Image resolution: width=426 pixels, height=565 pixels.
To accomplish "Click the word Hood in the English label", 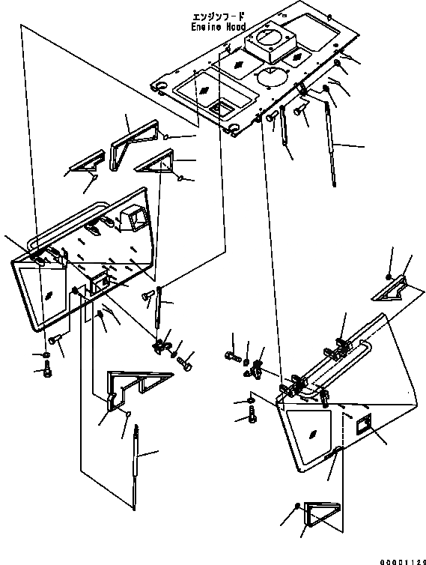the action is click(236, 27).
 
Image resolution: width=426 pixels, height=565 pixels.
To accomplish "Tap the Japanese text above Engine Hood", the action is click(219, 17).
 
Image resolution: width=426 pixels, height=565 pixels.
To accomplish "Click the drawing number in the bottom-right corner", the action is click(404, 561).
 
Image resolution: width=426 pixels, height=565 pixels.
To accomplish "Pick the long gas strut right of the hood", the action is click(331, 143).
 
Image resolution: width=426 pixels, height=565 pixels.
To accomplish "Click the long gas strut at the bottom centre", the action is click(136, 467).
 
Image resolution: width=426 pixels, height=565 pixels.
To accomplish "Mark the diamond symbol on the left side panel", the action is click(49, 295).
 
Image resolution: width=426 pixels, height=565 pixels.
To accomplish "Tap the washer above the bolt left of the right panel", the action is click(250, 401).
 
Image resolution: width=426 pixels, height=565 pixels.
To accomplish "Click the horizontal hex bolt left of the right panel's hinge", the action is click(232, 357).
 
